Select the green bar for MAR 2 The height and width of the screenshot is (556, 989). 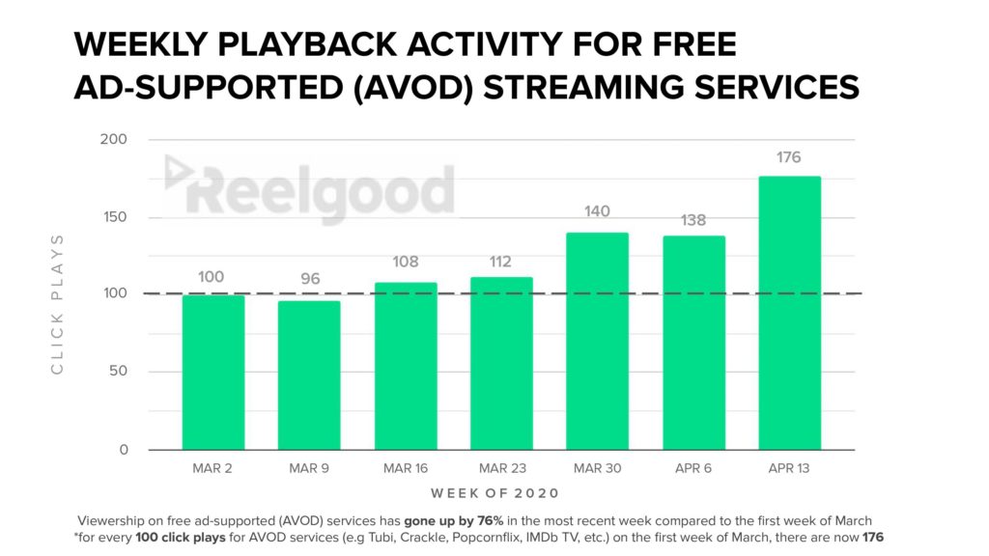tap(213, 373)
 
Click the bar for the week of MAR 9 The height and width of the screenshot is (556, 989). tap(309, 375)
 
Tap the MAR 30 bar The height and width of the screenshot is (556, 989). tap(597, 342)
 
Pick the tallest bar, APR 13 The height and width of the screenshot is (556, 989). tap(790, 314)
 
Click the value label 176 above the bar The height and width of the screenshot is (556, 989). tap(788, 157)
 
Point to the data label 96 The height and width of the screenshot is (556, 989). tap(310, 279)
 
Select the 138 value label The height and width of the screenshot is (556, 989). tap(693, 220)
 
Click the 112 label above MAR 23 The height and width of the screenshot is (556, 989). tap(501, 262)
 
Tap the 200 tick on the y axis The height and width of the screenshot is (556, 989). tap(114, 139)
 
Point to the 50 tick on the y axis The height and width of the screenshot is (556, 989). tap(118, 371)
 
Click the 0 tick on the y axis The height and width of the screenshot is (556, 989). tap(124, 450)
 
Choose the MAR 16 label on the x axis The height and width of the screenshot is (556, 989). tap(406, 468)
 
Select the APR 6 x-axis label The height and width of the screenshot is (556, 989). tap(693, 468)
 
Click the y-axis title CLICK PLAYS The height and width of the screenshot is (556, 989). tap(57, 304)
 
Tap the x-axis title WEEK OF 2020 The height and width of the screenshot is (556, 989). tap(495, 493)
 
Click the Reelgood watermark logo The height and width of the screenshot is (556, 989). tap(309, 188)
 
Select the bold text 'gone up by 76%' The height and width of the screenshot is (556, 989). tap(454, 521)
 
